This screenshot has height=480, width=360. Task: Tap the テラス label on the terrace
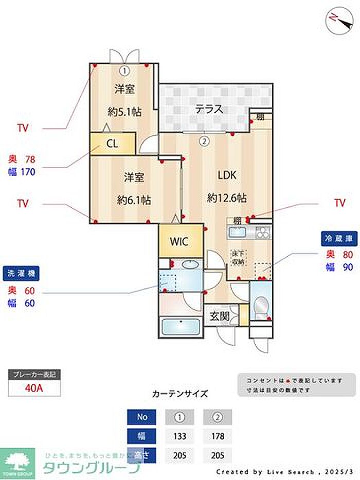(209, 109)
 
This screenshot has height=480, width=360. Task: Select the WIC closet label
(179, 241)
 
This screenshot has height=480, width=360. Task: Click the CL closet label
(113, 144)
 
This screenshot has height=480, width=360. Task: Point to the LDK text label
(226, 175)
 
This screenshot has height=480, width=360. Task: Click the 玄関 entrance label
(219, 316)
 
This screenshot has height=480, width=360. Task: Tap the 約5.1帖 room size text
(125, 111)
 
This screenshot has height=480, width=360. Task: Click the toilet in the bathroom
(261, 306)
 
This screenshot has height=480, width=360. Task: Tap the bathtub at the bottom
(181, 328)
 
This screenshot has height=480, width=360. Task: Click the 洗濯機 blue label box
(22, 273)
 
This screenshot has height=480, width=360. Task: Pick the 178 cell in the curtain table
(217, 435)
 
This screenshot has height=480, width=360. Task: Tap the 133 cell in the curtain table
(179, 435)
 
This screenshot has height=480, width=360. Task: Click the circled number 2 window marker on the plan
(204, 139)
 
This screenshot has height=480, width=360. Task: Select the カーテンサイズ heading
(180, 394)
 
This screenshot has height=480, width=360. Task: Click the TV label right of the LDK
(339, 203)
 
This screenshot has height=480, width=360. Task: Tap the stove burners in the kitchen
(262, 233)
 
